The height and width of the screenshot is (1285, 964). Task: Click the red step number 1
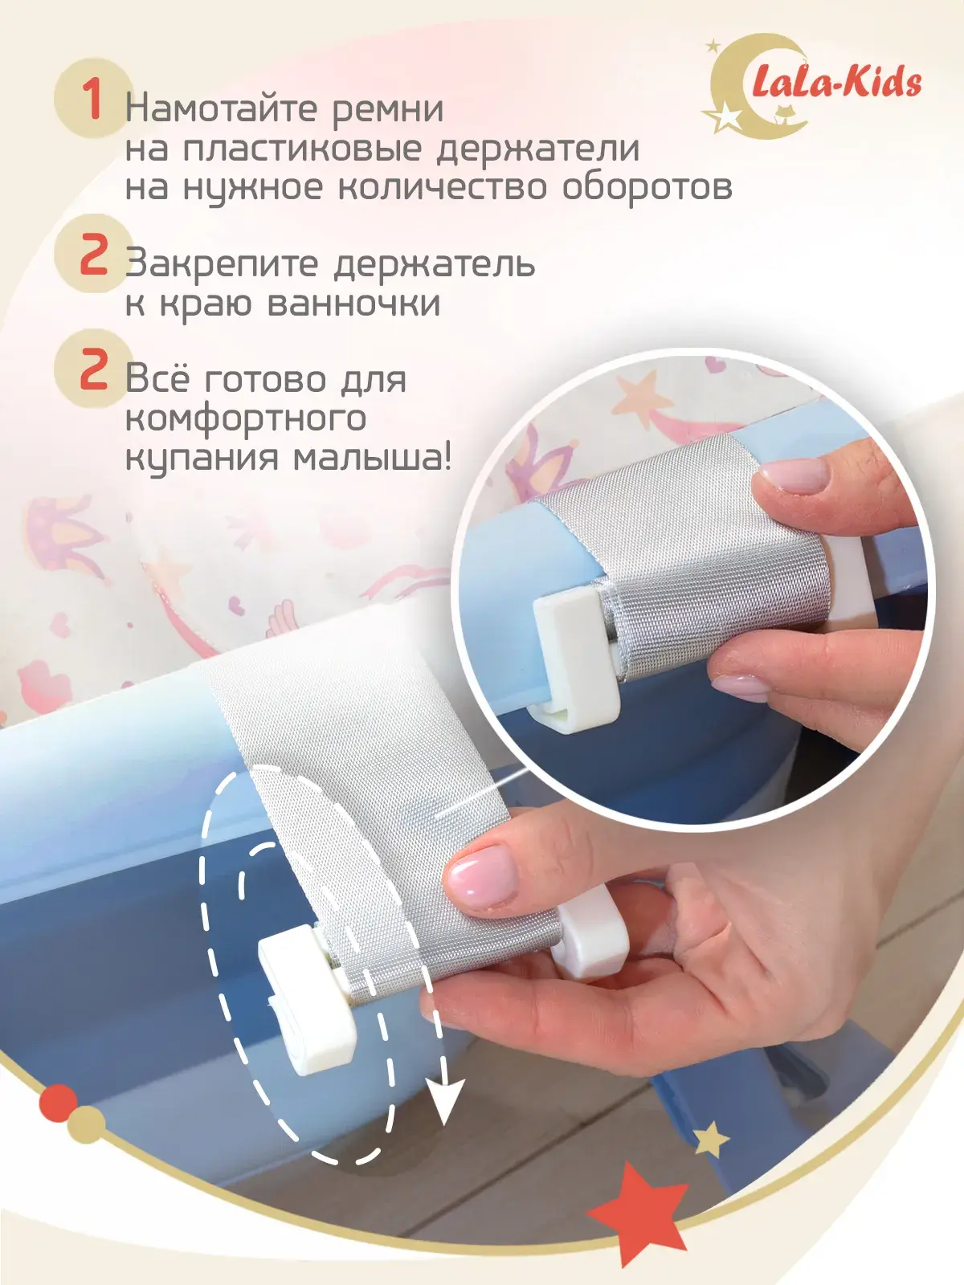point(93,100)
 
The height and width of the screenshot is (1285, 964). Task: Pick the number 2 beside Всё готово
point(94,369)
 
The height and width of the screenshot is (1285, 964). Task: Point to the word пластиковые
point(302,149)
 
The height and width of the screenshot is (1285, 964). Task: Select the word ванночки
point(353,303)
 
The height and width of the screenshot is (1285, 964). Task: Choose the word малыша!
point(372,457)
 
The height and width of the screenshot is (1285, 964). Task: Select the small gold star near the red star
point(711,1139)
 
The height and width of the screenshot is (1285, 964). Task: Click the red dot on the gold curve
point(58,1103)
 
